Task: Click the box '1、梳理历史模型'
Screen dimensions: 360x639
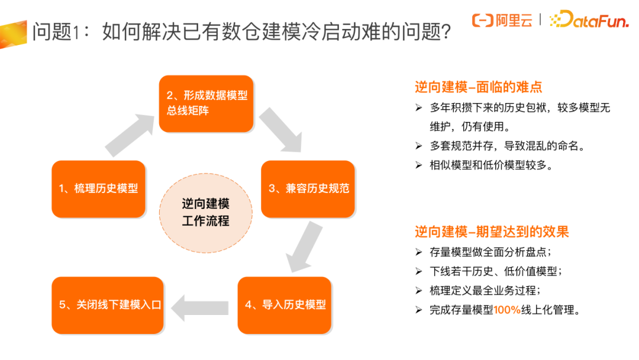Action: [x=98, y=189]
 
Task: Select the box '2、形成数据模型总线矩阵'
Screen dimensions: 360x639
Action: [x=206, y=104]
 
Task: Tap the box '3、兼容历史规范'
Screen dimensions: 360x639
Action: [x=308, y=189]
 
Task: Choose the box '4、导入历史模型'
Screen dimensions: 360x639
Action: [x=285, y=305]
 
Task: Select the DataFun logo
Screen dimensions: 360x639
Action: [x=592, y=21]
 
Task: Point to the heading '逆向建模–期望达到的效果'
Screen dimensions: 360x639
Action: [x=492, y=232]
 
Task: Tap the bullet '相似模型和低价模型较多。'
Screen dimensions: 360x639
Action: [x=492, y=165]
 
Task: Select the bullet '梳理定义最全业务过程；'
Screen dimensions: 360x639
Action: [x=485, y=291]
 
